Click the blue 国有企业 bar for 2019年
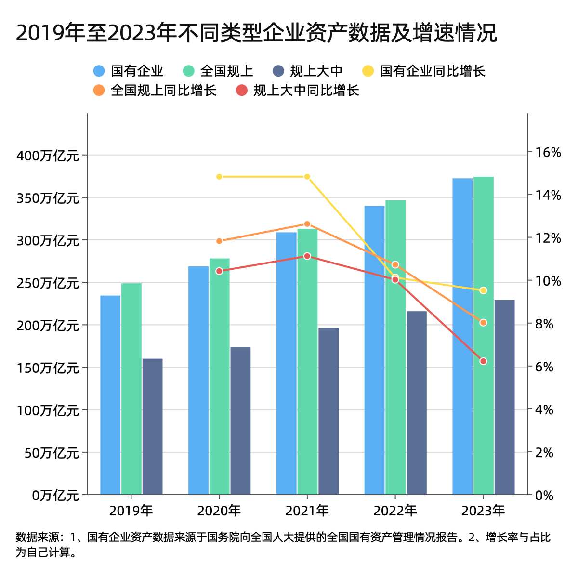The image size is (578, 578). pos(110,395)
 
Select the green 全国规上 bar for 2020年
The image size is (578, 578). pos(220,376)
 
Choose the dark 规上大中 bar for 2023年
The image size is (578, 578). pos(504,397)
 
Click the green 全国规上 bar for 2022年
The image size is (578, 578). pos(395,347)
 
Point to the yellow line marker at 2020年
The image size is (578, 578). pos(219,177)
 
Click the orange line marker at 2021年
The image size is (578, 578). pos(307,224)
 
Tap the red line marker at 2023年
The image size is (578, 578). pos(484,361)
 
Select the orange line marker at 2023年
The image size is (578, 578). pos(484,323)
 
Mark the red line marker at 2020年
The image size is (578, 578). pos(219,271)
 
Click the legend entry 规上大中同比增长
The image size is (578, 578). pos(299,91)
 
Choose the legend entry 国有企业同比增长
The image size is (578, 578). pos(424,71)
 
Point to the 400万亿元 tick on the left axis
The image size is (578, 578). pos(48,156)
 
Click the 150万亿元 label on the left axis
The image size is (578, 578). pos(48,368)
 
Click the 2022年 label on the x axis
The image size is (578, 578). pos(395,511)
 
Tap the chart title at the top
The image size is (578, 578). pos(256,33)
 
